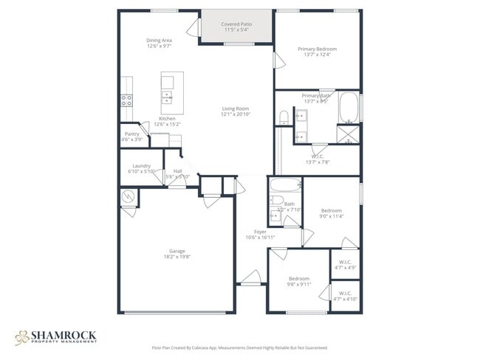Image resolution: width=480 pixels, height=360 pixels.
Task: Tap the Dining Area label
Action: coord(159,40)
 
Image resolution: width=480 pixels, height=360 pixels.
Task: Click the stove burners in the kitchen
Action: coord(126,100)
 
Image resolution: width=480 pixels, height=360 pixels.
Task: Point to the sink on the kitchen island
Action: coord(168,97)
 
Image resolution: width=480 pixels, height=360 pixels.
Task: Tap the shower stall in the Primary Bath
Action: coord(347,134)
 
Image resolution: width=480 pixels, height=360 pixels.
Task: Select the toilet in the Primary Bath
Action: coord(284,117)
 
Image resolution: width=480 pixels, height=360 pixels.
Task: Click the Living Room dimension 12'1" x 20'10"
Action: coord(236,115)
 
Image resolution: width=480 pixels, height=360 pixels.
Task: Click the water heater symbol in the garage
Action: coord(128,197)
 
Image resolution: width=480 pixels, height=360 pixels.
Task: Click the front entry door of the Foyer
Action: coord(250,279)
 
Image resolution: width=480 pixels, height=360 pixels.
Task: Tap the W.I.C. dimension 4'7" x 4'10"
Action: coord(345,299)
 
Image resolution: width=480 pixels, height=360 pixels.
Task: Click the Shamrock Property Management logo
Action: coord(55,337)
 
